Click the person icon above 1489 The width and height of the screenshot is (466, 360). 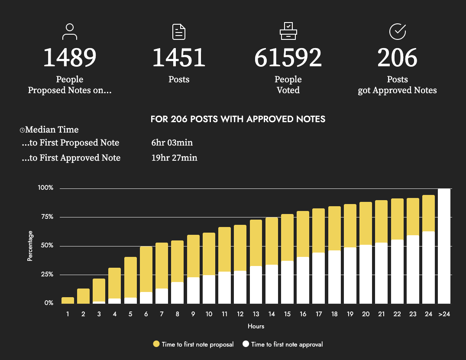[x=70, y=32]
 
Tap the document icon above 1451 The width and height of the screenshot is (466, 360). [x=179, y=32]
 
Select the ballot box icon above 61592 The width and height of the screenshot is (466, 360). [x=288, y=32]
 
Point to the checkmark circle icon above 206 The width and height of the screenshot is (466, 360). [x=397, y=32]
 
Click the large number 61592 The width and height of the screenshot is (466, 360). [x=288, y=58]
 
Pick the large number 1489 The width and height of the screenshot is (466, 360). [x=70, y=58]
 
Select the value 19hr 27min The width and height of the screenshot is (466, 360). [x=172, y=158]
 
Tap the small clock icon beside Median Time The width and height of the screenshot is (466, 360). [x=22, y=130]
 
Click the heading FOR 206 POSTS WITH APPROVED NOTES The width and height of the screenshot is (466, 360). [x=238, y=119]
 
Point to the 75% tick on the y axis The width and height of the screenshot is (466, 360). [x=45, y=217]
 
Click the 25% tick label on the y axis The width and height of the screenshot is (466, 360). [x=45, y=275]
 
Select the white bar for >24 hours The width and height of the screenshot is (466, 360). [x=444, y=246]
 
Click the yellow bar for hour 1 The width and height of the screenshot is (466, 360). [x=68, y=300]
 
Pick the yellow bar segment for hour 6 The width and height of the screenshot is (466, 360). [x=146, y=269]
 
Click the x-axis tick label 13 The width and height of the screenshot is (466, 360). [x=256, y=314]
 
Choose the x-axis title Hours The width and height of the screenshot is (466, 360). [x=256, y=326]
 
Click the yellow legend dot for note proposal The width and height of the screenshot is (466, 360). [x=156, y=344]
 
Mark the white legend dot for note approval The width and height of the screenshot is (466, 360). [x=246, y=344]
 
